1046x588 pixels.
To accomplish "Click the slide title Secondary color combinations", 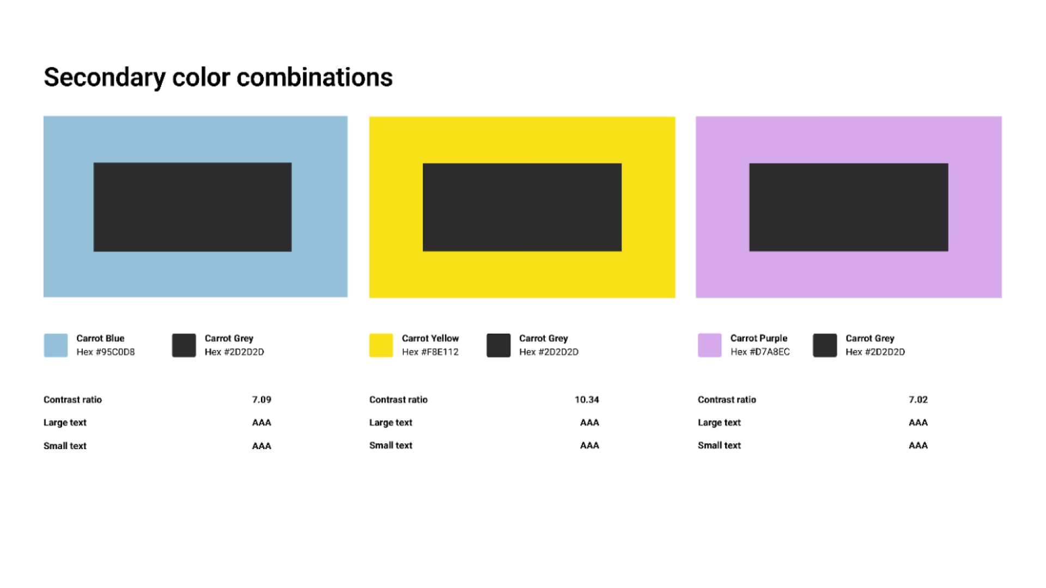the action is [218, 77].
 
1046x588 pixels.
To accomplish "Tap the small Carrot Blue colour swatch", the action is [56, 345].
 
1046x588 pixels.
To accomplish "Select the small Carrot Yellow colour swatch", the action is [381, 345].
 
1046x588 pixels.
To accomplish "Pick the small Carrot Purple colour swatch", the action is [709, 345].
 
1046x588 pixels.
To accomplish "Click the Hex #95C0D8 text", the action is [106, 352].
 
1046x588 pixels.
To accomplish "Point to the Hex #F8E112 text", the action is [430, 352].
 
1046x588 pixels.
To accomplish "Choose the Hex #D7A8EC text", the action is [760, 352].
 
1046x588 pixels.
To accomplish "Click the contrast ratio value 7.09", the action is [261, 400].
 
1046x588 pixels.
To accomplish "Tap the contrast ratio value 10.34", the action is [587, 400].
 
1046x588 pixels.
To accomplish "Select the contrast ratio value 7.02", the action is [918, 400].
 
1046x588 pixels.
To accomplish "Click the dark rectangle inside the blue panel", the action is [192, 207].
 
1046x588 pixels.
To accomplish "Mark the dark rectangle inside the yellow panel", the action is [522, 207].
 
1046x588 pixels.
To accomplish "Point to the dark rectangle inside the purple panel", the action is [848, 207].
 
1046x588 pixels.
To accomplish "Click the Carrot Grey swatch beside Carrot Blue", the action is [184, 345].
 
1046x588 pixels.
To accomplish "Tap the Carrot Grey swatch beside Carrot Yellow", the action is [498, 345].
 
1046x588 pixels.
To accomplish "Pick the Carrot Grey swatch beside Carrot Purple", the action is [825, 345].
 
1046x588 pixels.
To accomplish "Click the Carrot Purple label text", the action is [759, 338].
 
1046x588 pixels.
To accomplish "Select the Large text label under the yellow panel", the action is [391, 422].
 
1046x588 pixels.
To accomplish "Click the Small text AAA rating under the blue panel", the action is [261, 446].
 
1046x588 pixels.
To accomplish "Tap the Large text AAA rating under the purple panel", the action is [918, 422].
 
